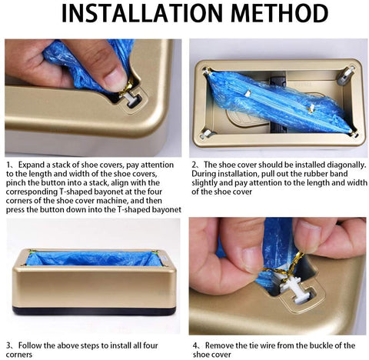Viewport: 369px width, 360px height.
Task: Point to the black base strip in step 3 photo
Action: [x=93, y=310]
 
